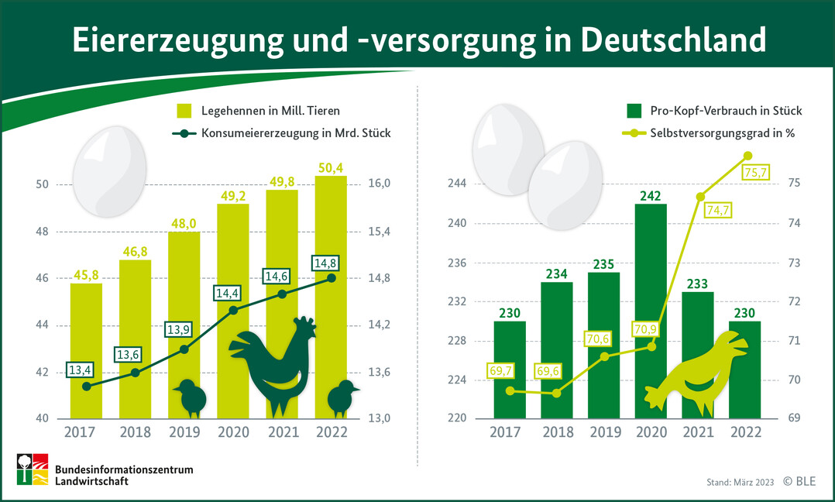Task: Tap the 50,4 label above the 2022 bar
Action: [x=330, y=167]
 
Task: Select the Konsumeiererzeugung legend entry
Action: [x=294, y=133]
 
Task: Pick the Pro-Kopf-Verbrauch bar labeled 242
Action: [x=650, y=310]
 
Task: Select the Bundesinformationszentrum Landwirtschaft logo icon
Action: [x=33, y=469]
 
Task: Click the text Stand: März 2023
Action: [x=740, y=483]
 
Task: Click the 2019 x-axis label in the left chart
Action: [x=184, y=432]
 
